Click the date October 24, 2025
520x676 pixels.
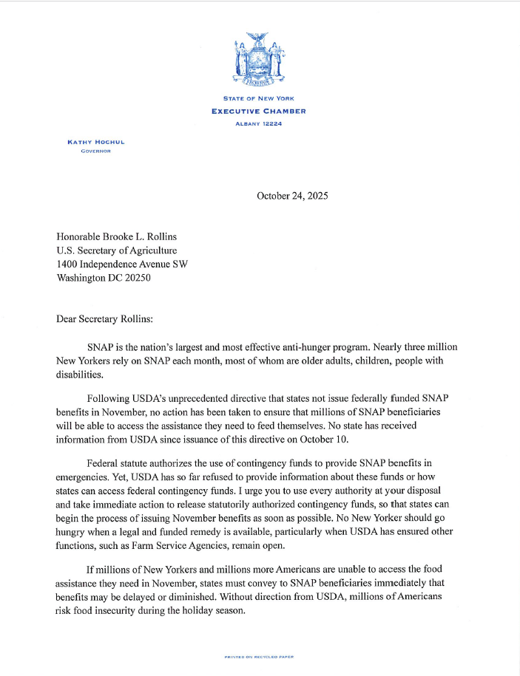292,196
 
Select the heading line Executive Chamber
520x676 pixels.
259,111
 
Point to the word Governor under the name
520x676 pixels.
95,151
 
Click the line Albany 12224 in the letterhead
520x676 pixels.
259,123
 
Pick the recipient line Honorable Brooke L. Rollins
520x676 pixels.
117,236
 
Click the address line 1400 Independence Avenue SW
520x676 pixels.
121,264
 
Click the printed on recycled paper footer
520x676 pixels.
259,657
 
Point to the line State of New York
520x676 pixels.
259,98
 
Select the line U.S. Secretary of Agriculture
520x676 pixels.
117,250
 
